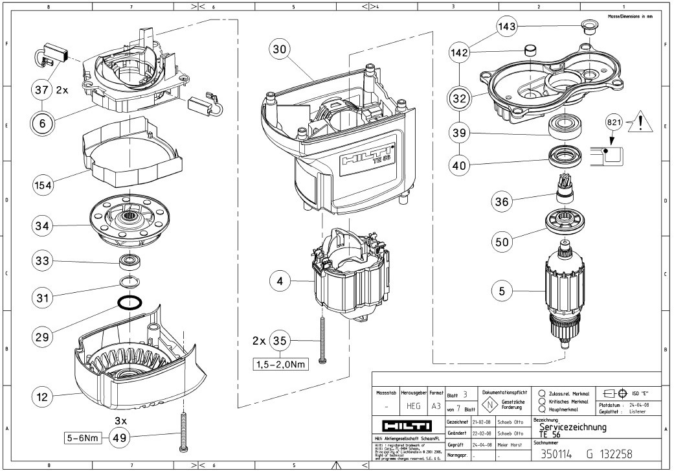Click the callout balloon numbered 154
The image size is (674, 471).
pos(43,185)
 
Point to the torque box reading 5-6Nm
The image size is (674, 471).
pos(82,439)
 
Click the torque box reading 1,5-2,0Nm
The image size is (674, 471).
pos(280,363)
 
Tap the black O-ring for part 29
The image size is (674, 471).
pos(131,302)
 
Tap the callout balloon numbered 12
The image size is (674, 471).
pos(42,397)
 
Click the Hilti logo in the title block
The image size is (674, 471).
pos(407,426)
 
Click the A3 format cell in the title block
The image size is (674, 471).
pos(436,406)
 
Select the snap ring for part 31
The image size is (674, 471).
pos(129,281)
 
